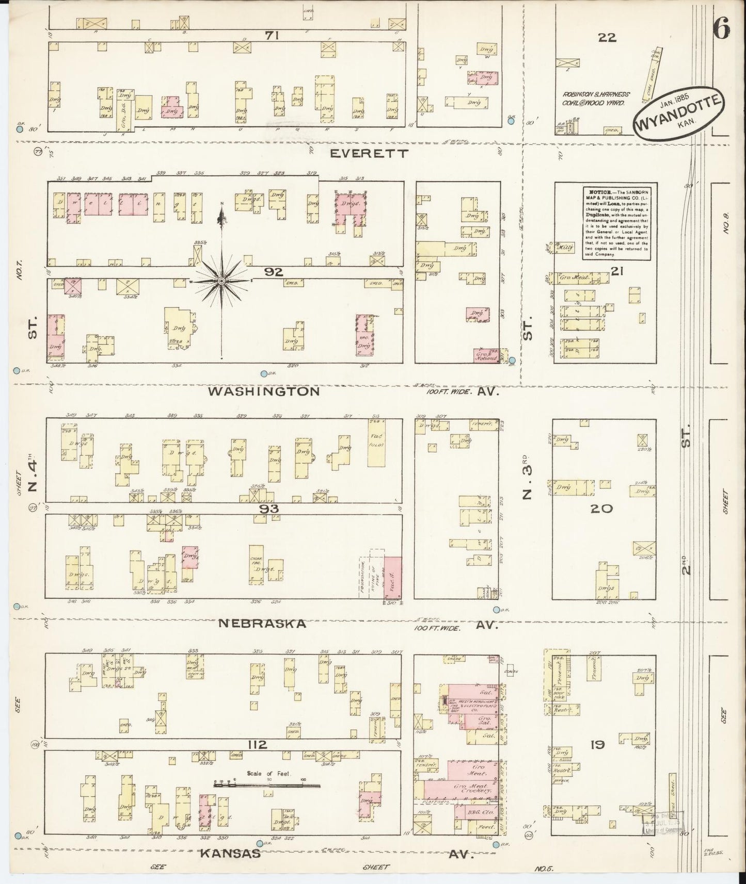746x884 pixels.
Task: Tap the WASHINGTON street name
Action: coord(264,391)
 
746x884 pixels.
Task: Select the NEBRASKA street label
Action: coord(262,624)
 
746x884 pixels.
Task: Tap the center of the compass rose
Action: coord(221,281)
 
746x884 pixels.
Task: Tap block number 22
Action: coord(607,37)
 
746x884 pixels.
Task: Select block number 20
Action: coord(601,509)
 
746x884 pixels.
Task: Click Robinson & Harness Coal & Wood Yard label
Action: coord(597,99)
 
